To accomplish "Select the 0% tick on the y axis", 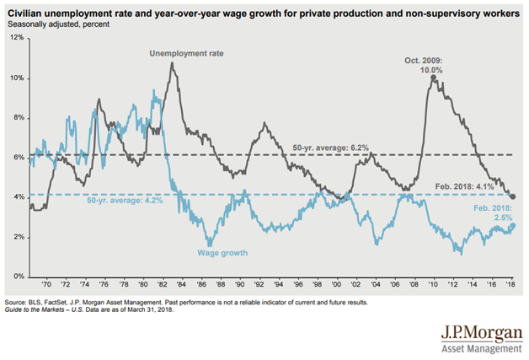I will click(19, 277).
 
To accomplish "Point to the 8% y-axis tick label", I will click(19, 118).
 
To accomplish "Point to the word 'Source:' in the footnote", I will click(17, 299).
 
